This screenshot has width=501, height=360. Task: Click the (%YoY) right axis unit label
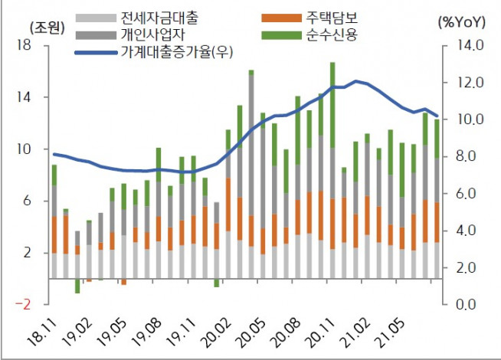pyautogui.click(x=462, y=22)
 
